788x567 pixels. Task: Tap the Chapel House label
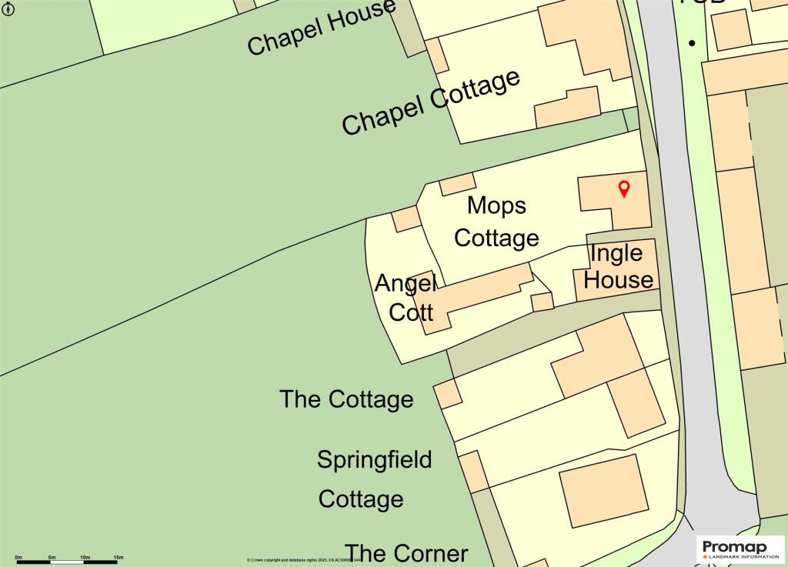321,28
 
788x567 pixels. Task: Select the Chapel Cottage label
431,103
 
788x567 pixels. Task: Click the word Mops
497,205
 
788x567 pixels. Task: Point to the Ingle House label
618,266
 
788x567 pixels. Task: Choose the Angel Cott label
406,298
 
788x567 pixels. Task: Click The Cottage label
346,399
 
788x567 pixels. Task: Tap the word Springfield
374,460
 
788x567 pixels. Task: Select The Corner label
406,553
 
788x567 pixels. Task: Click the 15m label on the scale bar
119,556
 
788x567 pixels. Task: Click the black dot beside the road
692,43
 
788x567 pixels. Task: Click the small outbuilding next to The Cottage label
448,394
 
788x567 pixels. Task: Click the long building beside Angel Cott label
473,295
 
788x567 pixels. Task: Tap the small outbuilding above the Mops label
457,184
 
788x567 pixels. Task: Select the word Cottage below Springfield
361,499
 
